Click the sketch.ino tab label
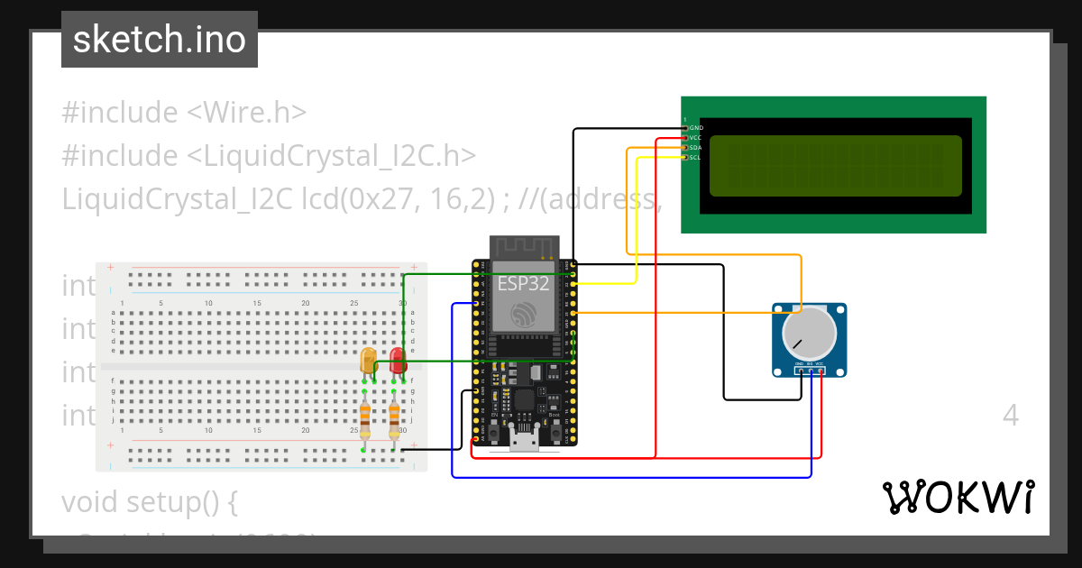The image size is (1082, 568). pyautogui.click(x=159, y=40)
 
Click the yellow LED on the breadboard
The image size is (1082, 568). pyautogui.click(x=368, y=361)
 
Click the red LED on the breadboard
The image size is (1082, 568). pyautogui.click(x=398, y=361)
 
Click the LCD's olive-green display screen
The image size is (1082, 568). pyautogui.click(x=835, y=166)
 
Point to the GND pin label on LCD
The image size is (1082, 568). pyautogui.click(x=696, y=128)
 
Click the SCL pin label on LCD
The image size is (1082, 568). pyautogui.click(x=695, y=158)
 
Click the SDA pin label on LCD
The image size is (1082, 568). pyautogui.click(x=695, y=148)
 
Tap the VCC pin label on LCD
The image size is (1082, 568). pyautogui.click(x=695, y=138)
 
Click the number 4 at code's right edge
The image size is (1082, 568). pyautogui.click(x=1010, y=416)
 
